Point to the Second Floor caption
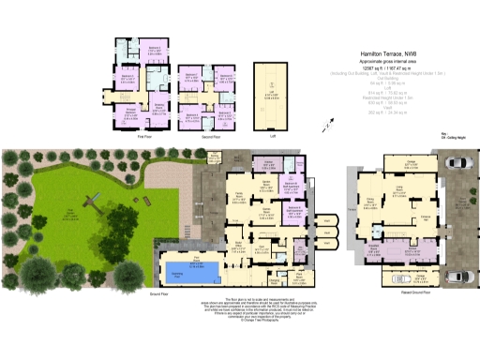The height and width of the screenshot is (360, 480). [x=208, y=136]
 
